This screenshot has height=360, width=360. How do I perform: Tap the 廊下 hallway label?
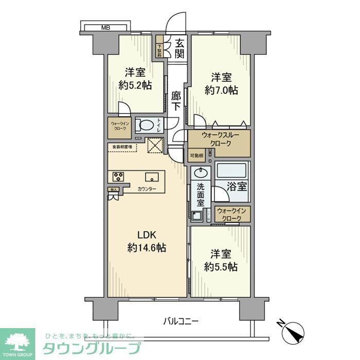point(177,101)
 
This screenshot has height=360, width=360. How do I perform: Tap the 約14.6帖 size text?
point(146,248)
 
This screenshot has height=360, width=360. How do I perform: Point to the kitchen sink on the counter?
point(151,177)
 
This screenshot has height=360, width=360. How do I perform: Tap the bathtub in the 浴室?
point(232,170)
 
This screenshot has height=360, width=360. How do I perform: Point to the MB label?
point(105,27)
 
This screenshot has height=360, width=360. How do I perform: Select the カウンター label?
point(147,189)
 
